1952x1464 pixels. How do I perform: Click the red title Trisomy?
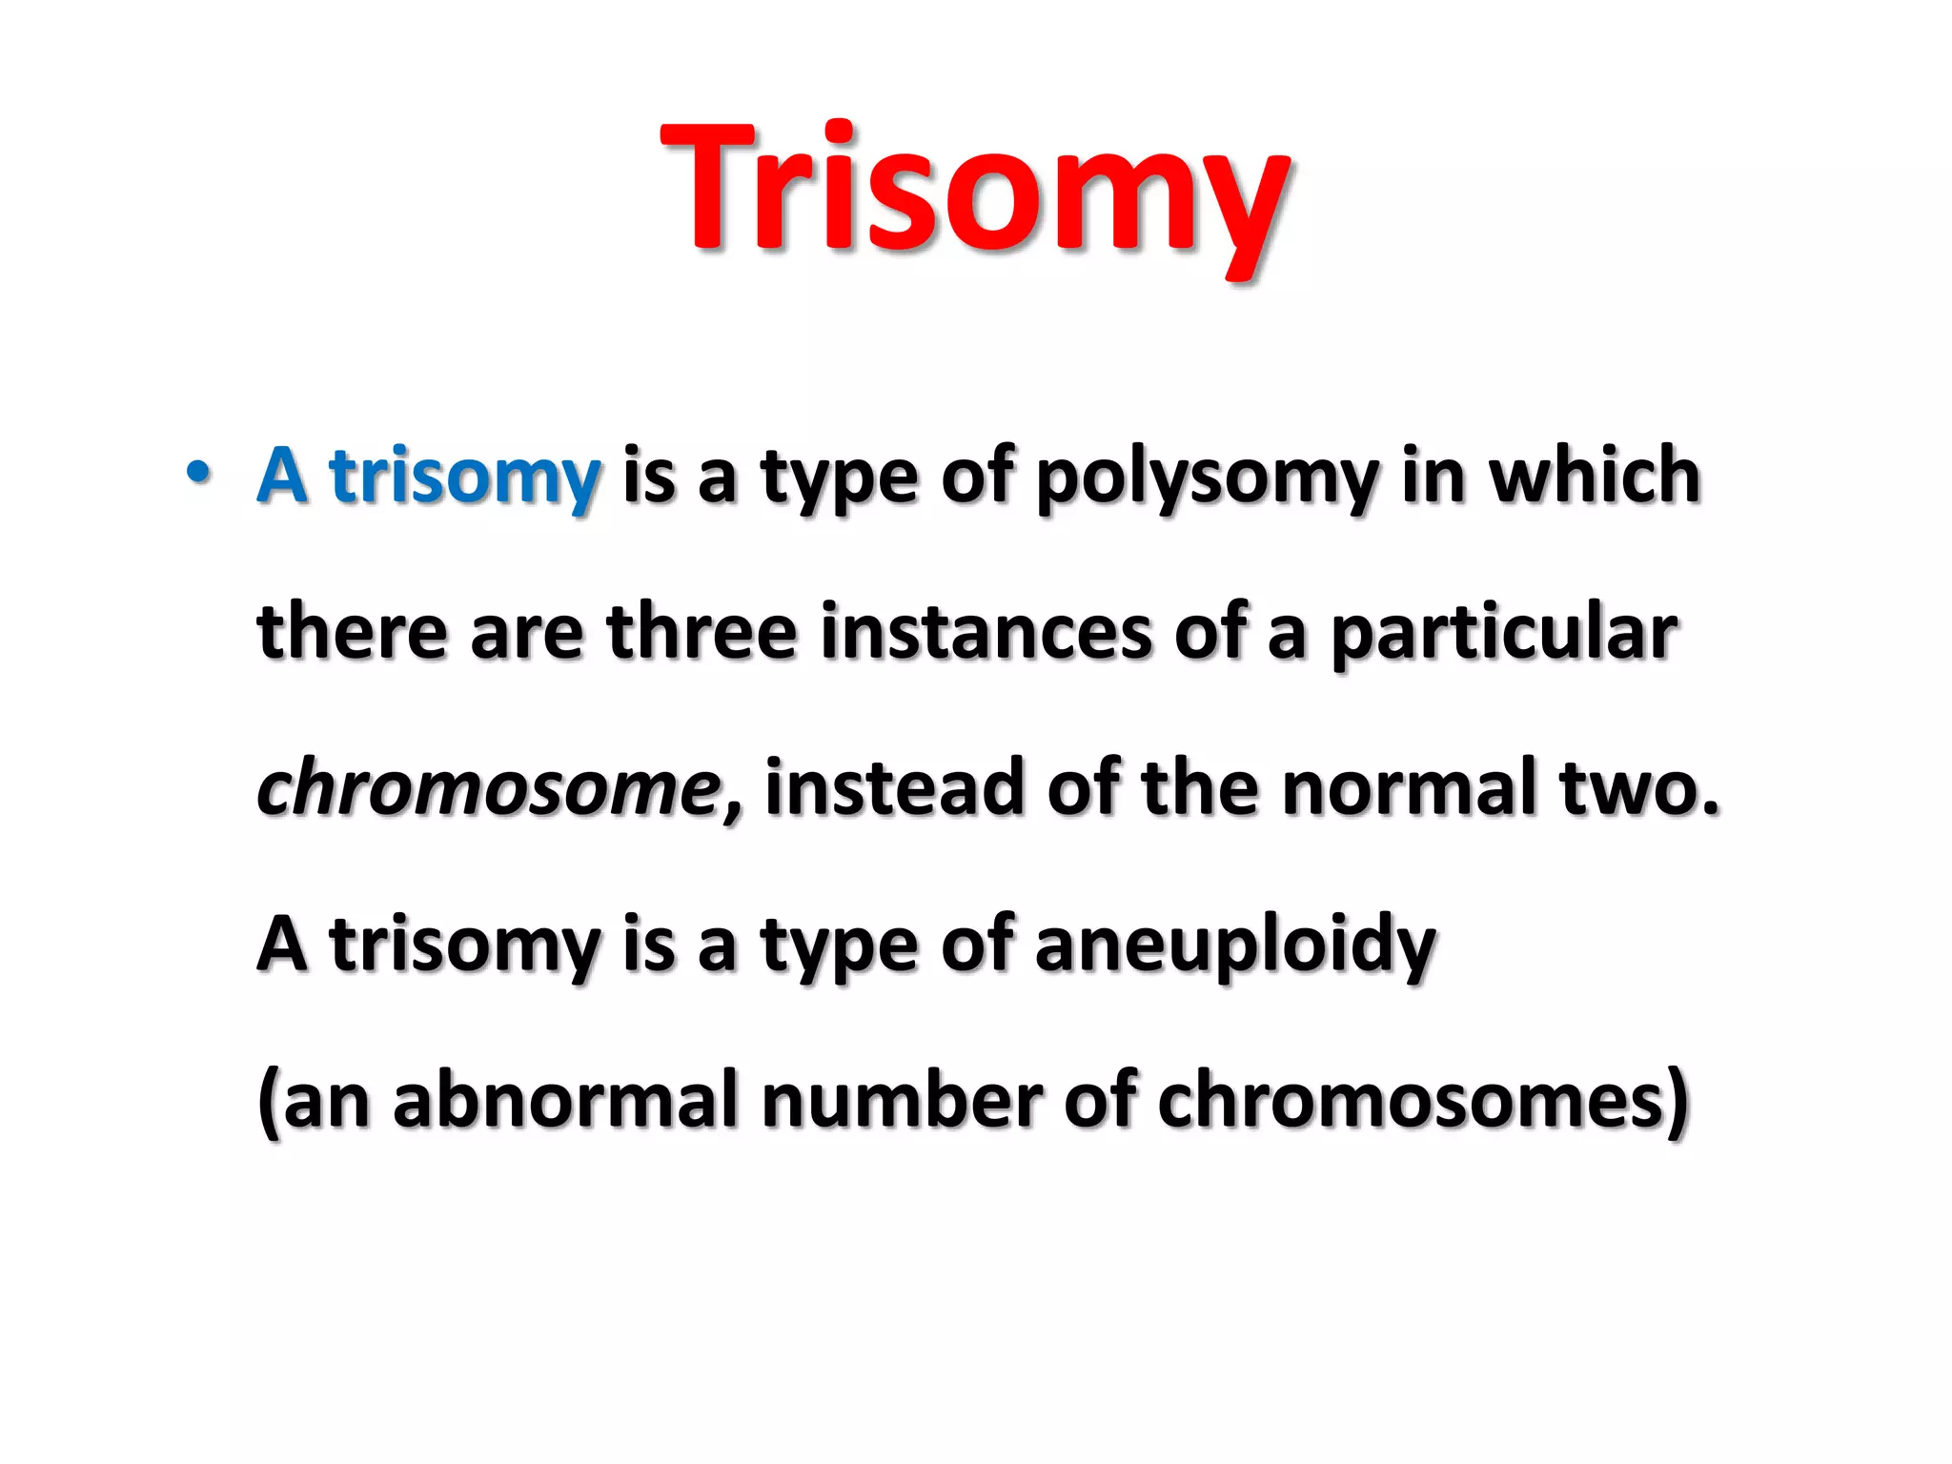pyautogui.click(x=974, y=191)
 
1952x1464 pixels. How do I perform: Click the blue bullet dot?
pyautogui.click(x=197, y=472)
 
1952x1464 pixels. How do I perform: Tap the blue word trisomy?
pyautogui.click(x=465, y=477)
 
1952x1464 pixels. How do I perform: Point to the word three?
pyautogui.click(x=701, y=632)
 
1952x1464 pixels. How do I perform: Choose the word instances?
pyautogui.click(x=986, y=632)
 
